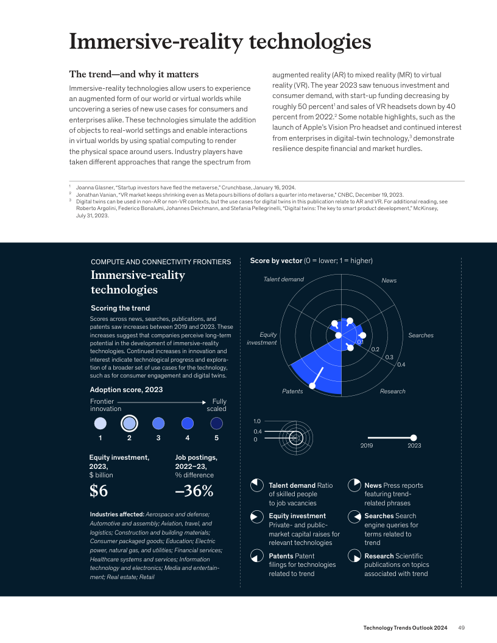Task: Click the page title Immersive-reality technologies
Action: pos(220,42)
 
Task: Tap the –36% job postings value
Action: pos(194,491)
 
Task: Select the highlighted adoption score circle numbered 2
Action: pos(129,423)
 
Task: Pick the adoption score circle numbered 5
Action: pos(216,423)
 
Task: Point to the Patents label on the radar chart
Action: pos(292,391)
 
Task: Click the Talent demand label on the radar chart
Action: pos(283,279)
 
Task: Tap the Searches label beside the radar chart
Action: pos(421,336)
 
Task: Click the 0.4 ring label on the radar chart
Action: pos(401,364)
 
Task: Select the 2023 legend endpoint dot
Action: pos(414,437)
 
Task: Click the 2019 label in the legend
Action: pos(367,446)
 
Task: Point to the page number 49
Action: pos(462,628)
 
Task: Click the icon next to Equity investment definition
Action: pos(257,517)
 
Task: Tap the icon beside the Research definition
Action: pos(353,557)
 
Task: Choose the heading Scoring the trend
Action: pos(120,308)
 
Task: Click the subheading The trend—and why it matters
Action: pos(133,74)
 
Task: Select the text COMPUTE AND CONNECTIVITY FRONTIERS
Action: pos(161,262)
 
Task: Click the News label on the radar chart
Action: pos(389,280)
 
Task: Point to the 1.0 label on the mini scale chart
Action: pos(256,421)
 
